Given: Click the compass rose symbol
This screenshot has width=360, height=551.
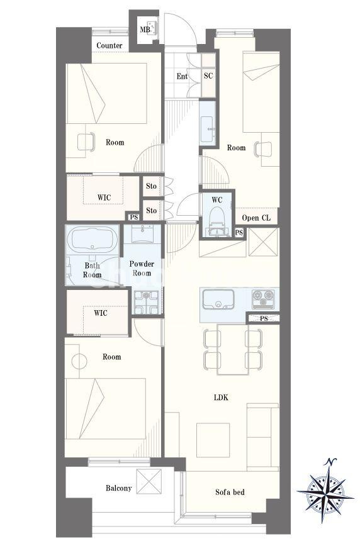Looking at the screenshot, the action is click(x=325, y=491).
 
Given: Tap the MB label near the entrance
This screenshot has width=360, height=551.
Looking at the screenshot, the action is click(x=145, y=30).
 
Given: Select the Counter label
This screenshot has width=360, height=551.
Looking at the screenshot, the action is click(x=110, y=45).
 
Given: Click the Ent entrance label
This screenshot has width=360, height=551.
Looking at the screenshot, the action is click(x=182, y=76).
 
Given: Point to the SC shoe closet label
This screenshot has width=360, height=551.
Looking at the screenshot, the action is click(x=208, y=75).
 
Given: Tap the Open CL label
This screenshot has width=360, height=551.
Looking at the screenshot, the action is click(x=256, y=218).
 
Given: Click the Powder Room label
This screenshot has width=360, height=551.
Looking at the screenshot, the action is click(x=142, y=268).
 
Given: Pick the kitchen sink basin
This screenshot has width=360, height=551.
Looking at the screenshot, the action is click(x=218, y=299).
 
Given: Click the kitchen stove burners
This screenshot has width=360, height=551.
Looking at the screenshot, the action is click(x=263, y=299).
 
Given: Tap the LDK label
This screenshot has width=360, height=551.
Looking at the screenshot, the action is click(x=221, y=398).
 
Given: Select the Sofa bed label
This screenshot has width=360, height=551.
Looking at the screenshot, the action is click(x=230, y=492).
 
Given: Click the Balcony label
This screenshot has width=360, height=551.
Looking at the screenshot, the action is click(x=119, y=488).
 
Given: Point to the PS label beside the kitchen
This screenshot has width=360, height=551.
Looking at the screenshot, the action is click(x=264, y=318).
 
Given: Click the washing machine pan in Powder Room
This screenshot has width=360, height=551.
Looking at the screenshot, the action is click(x=147, y=302).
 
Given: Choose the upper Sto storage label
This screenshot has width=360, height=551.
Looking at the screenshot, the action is click(x=151, y=186).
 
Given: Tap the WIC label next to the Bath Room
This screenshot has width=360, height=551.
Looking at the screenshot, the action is click(x=101, y=313).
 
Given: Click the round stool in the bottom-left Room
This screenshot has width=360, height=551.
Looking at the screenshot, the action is click(x=79, y=361).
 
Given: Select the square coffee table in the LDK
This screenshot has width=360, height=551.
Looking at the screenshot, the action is click(x=213, y=440).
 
